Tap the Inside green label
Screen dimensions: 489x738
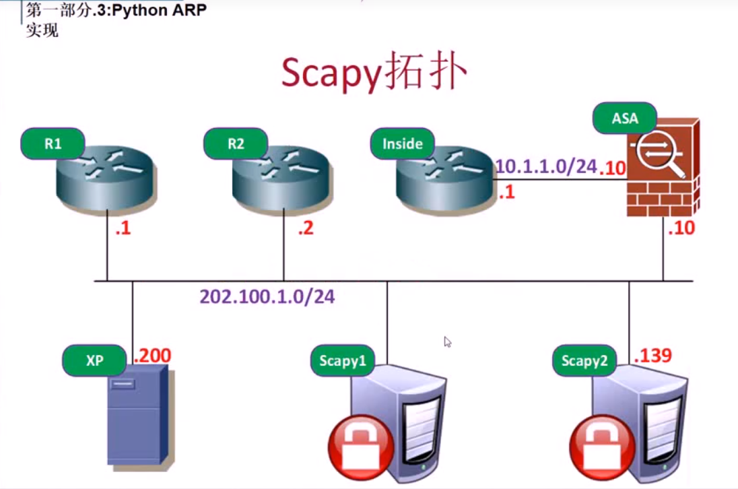(x=403, y=143)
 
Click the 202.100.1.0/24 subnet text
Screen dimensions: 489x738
(x=267, y=296)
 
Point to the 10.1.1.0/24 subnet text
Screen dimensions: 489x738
(x=546, y=166)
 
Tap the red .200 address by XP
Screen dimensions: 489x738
(x=152, y=355)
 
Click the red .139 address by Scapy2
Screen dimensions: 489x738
(x=652, y=355)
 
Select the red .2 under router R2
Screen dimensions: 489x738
(x=306, y=228)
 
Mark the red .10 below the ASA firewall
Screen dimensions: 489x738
(x=681, y=228)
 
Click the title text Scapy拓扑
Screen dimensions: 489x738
(x=374, y=73)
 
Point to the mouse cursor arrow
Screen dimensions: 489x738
(x=447, y=341)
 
